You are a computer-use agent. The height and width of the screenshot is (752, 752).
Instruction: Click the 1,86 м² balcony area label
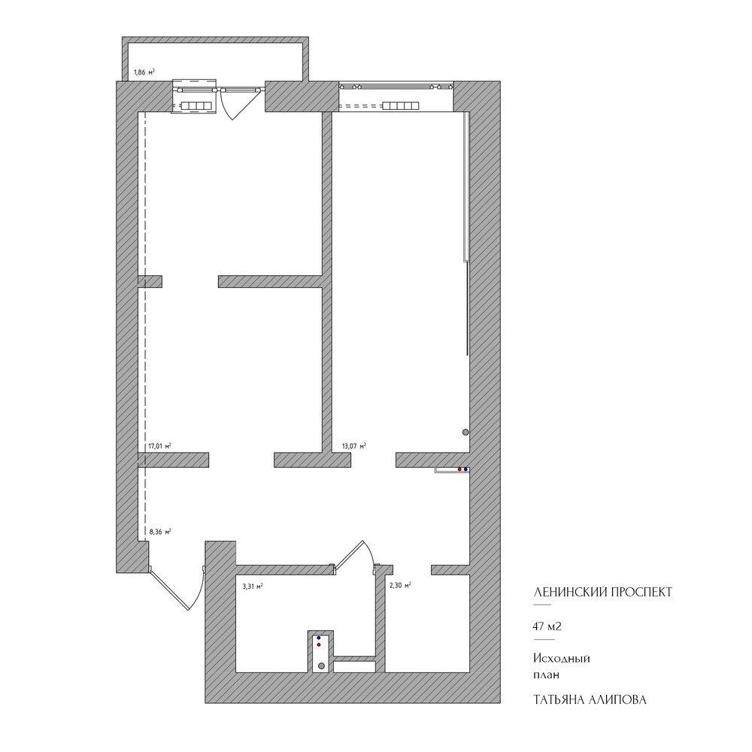coord(144,72)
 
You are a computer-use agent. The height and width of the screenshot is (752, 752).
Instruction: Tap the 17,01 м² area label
coord(159,446)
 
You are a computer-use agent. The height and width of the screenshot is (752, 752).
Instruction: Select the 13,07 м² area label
coord(354,446)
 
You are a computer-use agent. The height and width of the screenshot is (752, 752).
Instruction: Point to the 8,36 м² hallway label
coord(160,532)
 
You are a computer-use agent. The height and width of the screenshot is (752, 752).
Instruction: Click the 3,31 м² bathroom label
coord(252,586)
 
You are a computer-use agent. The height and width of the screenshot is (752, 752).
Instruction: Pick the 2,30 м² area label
coord(400,585)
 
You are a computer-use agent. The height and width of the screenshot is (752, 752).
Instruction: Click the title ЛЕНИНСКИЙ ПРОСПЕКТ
coord(603,593)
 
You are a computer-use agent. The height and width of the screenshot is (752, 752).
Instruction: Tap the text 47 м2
coord(547,626)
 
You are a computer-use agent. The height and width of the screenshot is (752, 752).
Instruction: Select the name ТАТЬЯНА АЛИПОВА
coord(590,699)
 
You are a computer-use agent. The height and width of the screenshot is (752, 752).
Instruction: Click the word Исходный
coord(562,659)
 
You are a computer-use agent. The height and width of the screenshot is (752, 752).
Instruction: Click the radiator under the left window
coord(196,106)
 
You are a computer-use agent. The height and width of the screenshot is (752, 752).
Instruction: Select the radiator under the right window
coord(401,106)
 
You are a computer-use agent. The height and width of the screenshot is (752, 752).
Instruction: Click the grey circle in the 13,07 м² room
coord(465,432)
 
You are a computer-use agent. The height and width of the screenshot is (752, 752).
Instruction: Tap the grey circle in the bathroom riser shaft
coord(321,666)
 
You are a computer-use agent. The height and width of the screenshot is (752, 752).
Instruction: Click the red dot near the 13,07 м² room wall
coord(459,469)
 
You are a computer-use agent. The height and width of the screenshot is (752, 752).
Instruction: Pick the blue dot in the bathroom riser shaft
coord(318,638)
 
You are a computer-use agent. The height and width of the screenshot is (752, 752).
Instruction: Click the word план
coord(546,675)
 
